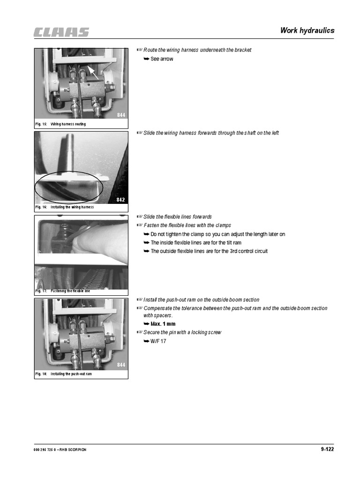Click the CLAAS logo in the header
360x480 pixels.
[x=61, y=32]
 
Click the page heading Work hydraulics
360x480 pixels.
[x=307, y=30]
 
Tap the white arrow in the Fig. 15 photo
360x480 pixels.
[x=93, y=73]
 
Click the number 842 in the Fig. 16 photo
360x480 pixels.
[x=120, y=200]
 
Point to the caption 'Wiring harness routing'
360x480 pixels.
[x=68, y=124]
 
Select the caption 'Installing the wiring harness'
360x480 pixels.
[x=72, y=207]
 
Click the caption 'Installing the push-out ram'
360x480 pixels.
[x=71, y=374]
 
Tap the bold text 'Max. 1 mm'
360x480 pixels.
[x=163, y=324]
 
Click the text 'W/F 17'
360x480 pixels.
[x=158, y=341]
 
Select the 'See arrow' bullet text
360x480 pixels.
[x=162, y=59]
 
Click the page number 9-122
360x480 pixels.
[x=327, y=449]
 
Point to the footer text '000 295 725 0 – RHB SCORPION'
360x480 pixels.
[x=60, y=450]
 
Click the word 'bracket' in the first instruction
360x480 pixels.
[x=243, y=50]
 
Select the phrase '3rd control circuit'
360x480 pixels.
[x=248, y=251]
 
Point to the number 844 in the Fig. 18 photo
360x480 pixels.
[x=121, y=365]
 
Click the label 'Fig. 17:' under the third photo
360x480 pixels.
[x=41, y=291]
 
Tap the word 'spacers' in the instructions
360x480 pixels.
[x=164, y=315]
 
